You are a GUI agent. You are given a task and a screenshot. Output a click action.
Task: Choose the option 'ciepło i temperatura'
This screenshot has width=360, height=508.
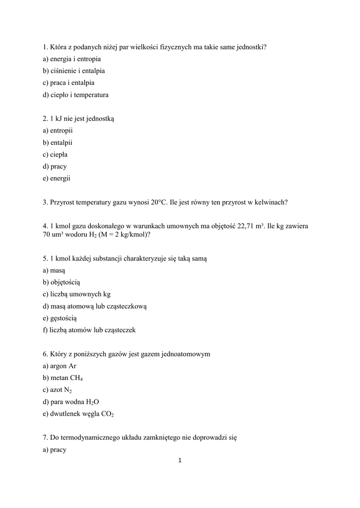(x=75, y=95)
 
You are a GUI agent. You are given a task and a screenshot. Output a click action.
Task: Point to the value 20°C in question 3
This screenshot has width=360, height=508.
(x=159, y=202)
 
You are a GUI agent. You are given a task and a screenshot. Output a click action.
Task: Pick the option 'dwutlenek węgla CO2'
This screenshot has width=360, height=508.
(x=78, y=414)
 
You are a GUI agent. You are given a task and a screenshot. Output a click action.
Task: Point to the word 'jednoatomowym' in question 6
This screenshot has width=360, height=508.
(x=186, y=354)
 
